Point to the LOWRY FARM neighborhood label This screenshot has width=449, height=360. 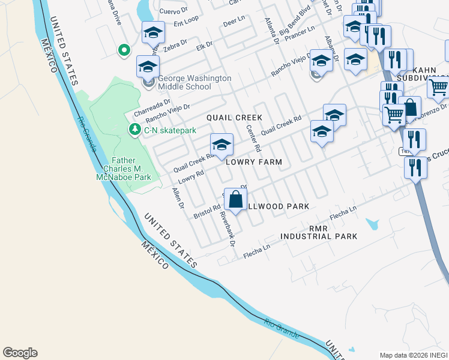[254, 162]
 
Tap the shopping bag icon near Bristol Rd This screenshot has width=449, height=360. [236, 200]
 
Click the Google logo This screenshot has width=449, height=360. [20, 353]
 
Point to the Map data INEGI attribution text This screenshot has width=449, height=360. [414, 355]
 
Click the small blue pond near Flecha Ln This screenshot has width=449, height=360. [372, 224]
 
